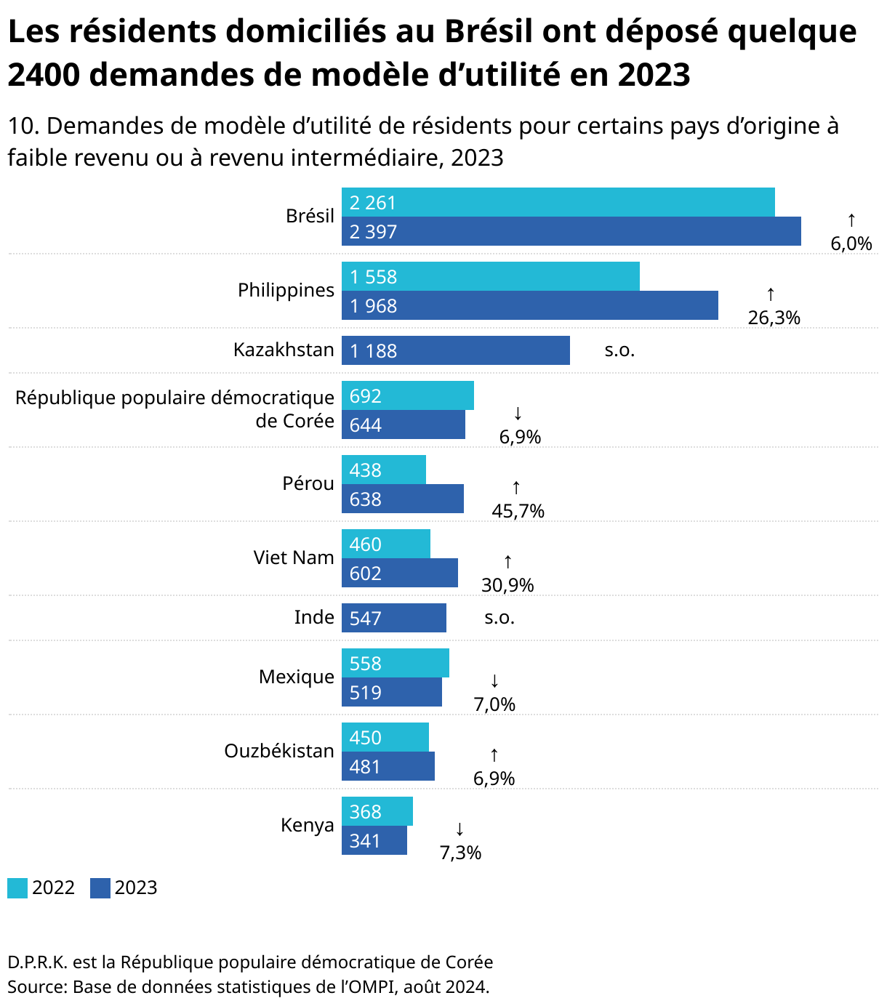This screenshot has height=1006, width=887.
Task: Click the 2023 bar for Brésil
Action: pos(571,231)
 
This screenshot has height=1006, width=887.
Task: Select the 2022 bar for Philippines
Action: pos(491,276)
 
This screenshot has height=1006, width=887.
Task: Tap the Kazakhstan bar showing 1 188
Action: pos(456,350)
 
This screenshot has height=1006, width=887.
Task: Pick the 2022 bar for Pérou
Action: pos(384,470)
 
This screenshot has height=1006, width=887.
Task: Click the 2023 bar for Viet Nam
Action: pos(400,573)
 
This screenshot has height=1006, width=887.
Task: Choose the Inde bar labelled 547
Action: pos(394,618)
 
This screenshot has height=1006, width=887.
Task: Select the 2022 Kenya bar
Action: pos(377,811)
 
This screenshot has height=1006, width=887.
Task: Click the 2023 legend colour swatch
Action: pos(100,888)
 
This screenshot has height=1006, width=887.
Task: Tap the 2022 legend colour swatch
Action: pos(17,888)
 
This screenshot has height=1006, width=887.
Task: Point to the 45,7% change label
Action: pos(518,511)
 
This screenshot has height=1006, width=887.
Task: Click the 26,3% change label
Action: pos(774,318)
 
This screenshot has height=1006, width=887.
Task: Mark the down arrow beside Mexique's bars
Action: pos(494,681)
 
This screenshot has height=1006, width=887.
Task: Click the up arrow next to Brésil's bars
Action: pos(851,220)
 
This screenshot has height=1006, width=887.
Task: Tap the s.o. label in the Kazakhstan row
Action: pos(619,350)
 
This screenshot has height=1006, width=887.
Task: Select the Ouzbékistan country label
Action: pos(279,751)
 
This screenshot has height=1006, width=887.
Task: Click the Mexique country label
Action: pos(297,677)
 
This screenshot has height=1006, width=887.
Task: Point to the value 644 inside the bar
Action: pos(365,425)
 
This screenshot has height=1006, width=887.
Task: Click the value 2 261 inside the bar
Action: pos(372,203)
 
